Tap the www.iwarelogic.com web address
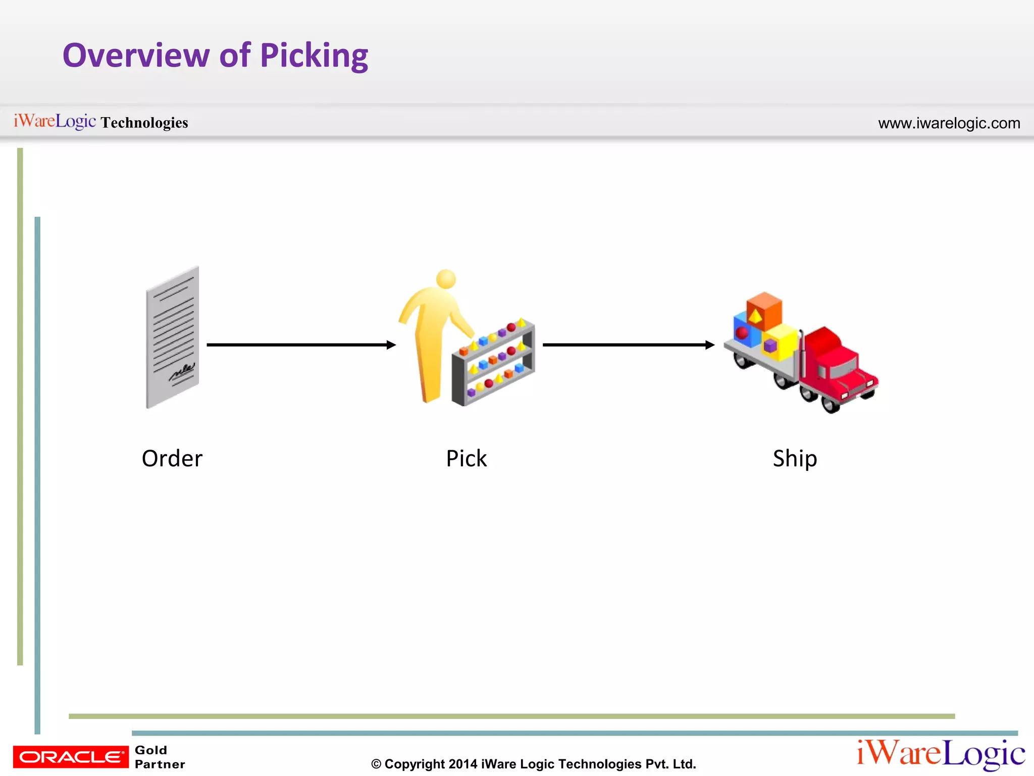click(x=949, y=123)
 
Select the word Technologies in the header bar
click(x=144, y=123)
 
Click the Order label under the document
click(x=172, y=459)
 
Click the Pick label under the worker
click(x=466, y=459)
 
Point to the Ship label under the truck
click(x=795, y=459)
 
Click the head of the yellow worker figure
click(x=446, y=279)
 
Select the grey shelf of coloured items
click(x=493, y=363)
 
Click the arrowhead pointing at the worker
click(x=391, y=345)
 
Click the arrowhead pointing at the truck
click(x=710, y=345)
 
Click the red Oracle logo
click(x=71, y=756)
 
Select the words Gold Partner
click(x=159, y=757)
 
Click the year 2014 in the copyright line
click(x=462, y=764)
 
